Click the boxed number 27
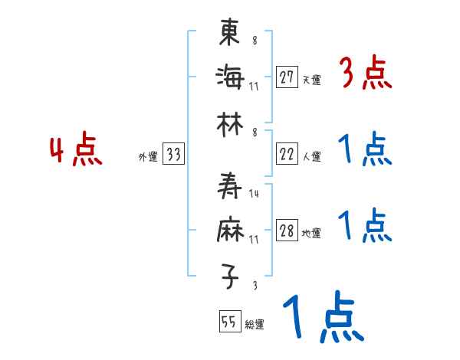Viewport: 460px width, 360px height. click(x=287, y=77)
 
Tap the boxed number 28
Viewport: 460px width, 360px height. click(x=287, y=231)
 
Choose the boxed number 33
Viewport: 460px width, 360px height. click(x=173, y=155)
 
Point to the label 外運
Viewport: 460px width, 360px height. click(x=147, y=156)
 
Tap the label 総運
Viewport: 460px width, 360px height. click(x=255, y=325)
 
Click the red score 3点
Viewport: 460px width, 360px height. click(x=365, y=75)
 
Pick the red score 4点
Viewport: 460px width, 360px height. click(x=76, y=150)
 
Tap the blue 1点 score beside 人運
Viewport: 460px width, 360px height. click(x=364, y=150)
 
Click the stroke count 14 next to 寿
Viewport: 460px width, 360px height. click(x=255, y=195)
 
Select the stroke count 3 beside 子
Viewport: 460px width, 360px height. click(x=254, y=286)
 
